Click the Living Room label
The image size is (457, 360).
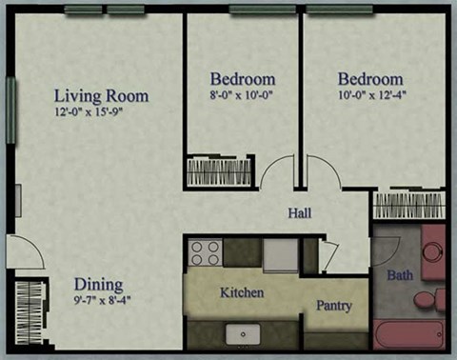101,96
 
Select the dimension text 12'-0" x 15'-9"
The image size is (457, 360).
101,112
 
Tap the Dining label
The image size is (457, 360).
99,284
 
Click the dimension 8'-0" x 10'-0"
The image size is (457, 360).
243,95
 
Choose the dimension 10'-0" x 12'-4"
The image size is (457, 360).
369,95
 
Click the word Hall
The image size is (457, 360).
299,213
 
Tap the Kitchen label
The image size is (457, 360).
242,292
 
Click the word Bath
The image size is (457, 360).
399,276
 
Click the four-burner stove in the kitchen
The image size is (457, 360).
206,252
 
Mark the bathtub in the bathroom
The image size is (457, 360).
409,335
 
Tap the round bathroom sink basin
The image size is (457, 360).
433,252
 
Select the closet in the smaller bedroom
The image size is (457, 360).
220,171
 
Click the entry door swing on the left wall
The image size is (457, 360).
26,252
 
